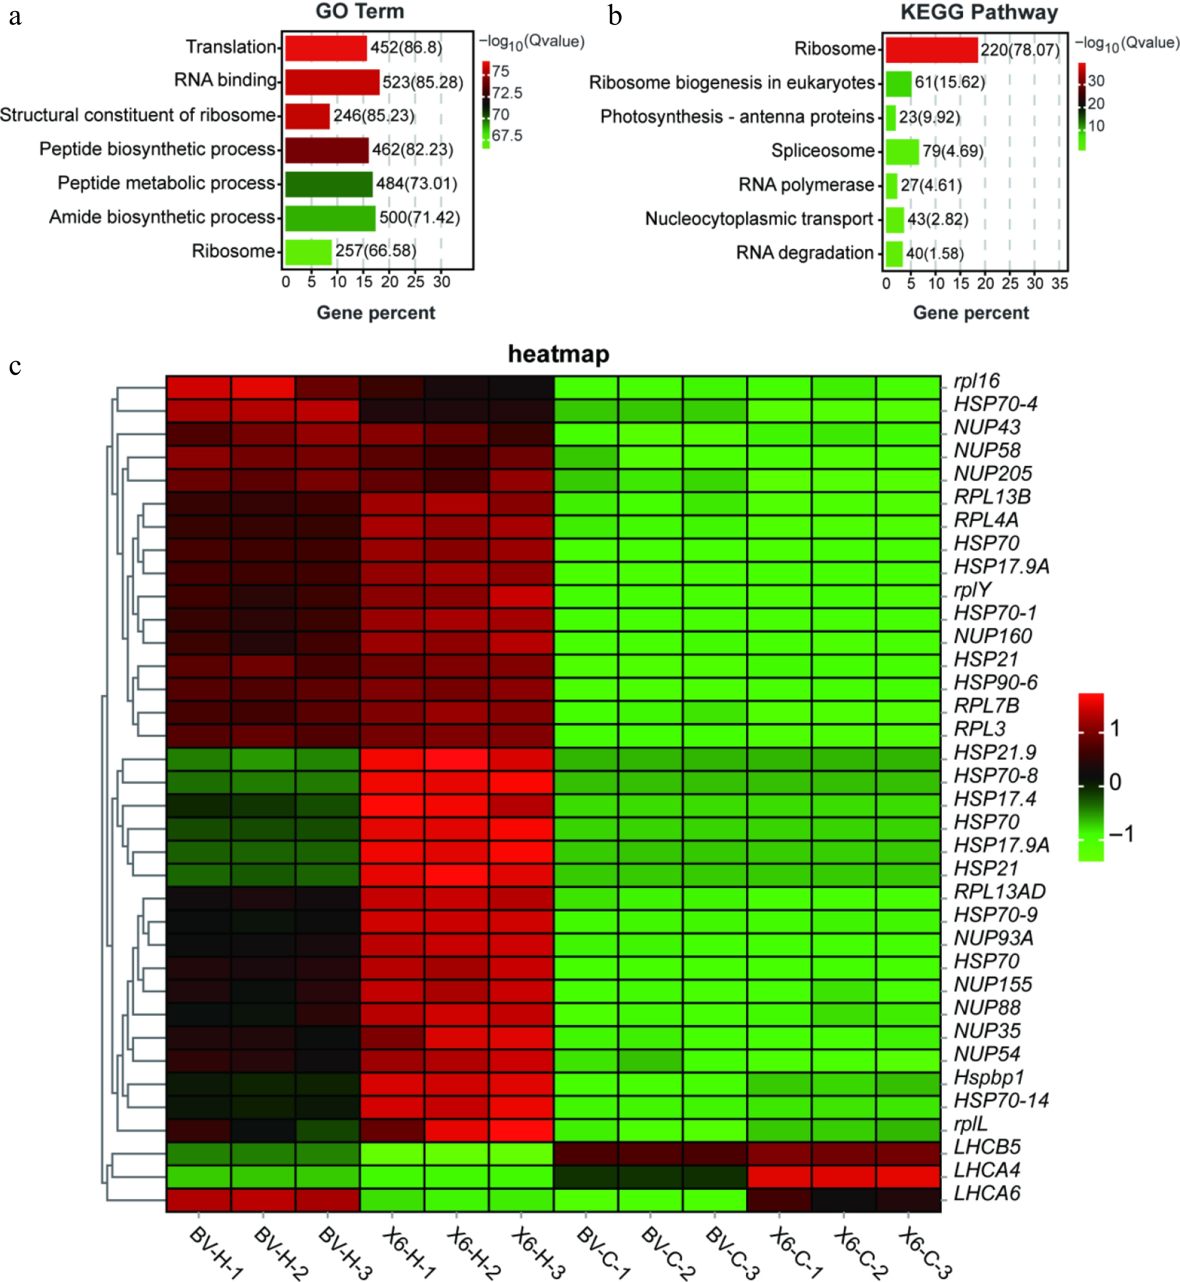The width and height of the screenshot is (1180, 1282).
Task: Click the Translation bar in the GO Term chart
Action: [326, 48]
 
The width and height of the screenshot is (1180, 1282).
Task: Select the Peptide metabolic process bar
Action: [328, 184]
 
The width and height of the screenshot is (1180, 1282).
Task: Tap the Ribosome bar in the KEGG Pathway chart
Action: [931, 50]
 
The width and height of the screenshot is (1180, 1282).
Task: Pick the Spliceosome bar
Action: [902, 151]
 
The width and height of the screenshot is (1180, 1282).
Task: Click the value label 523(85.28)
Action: [423, 82]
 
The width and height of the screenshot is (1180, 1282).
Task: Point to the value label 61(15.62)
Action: [949, 82]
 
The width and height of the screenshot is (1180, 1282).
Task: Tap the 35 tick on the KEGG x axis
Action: [1059, 283]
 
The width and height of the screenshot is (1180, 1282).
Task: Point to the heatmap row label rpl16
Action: [976, 381]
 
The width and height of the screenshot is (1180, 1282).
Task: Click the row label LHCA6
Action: [987, 1192]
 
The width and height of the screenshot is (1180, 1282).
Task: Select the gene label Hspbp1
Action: [988, 1077]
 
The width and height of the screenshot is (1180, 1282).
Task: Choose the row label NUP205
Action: [992, 474]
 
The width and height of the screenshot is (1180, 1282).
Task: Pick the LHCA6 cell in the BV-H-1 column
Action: [199, 1200]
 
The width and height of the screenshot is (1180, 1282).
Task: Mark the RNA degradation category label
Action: [805, 253]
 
